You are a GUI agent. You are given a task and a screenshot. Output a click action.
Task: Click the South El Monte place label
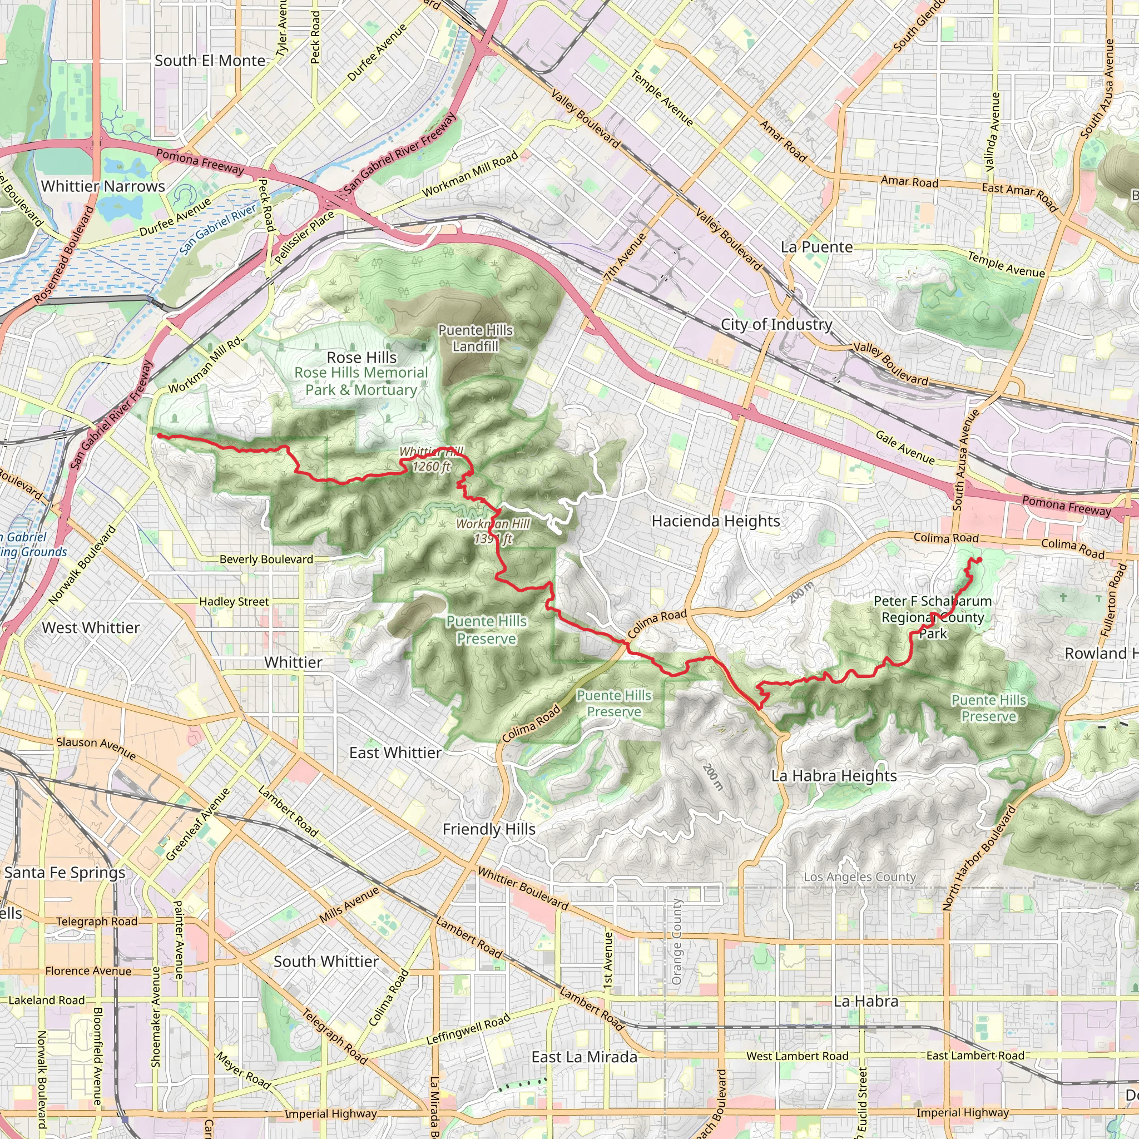[210, 61]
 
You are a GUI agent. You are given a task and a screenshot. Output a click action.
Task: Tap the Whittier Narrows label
[103, 186]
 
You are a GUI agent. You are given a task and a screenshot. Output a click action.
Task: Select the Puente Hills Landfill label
[475, 338]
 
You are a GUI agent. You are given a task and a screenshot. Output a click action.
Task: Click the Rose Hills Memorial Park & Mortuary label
[361, 381]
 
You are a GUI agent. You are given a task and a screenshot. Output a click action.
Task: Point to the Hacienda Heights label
[716, 521]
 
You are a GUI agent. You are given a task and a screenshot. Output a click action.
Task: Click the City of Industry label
[776, 324]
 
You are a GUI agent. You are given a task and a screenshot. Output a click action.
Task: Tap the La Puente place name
[816, 247]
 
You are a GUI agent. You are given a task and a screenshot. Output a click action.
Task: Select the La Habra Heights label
[834, 776]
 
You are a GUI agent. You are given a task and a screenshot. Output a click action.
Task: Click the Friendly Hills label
[489, 829]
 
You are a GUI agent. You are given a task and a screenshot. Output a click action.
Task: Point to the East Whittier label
[395, 753]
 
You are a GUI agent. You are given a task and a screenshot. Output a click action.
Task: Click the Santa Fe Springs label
[65, 873]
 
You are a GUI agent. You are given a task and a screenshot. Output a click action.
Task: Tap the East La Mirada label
[585, 1057]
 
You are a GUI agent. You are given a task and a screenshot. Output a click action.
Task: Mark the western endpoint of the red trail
[159, 435]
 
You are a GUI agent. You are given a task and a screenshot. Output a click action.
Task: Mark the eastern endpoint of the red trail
[979, 559]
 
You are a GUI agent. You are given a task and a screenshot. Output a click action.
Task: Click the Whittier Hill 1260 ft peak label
[432, 460]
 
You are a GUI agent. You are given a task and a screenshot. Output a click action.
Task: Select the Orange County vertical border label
[676, 942]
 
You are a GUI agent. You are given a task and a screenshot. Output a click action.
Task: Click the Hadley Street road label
[234, 602]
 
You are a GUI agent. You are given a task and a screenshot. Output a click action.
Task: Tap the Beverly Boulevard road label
[266, 559]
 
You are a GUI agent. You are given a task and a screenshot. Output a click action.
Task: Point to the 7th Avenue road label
[625, 257]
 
